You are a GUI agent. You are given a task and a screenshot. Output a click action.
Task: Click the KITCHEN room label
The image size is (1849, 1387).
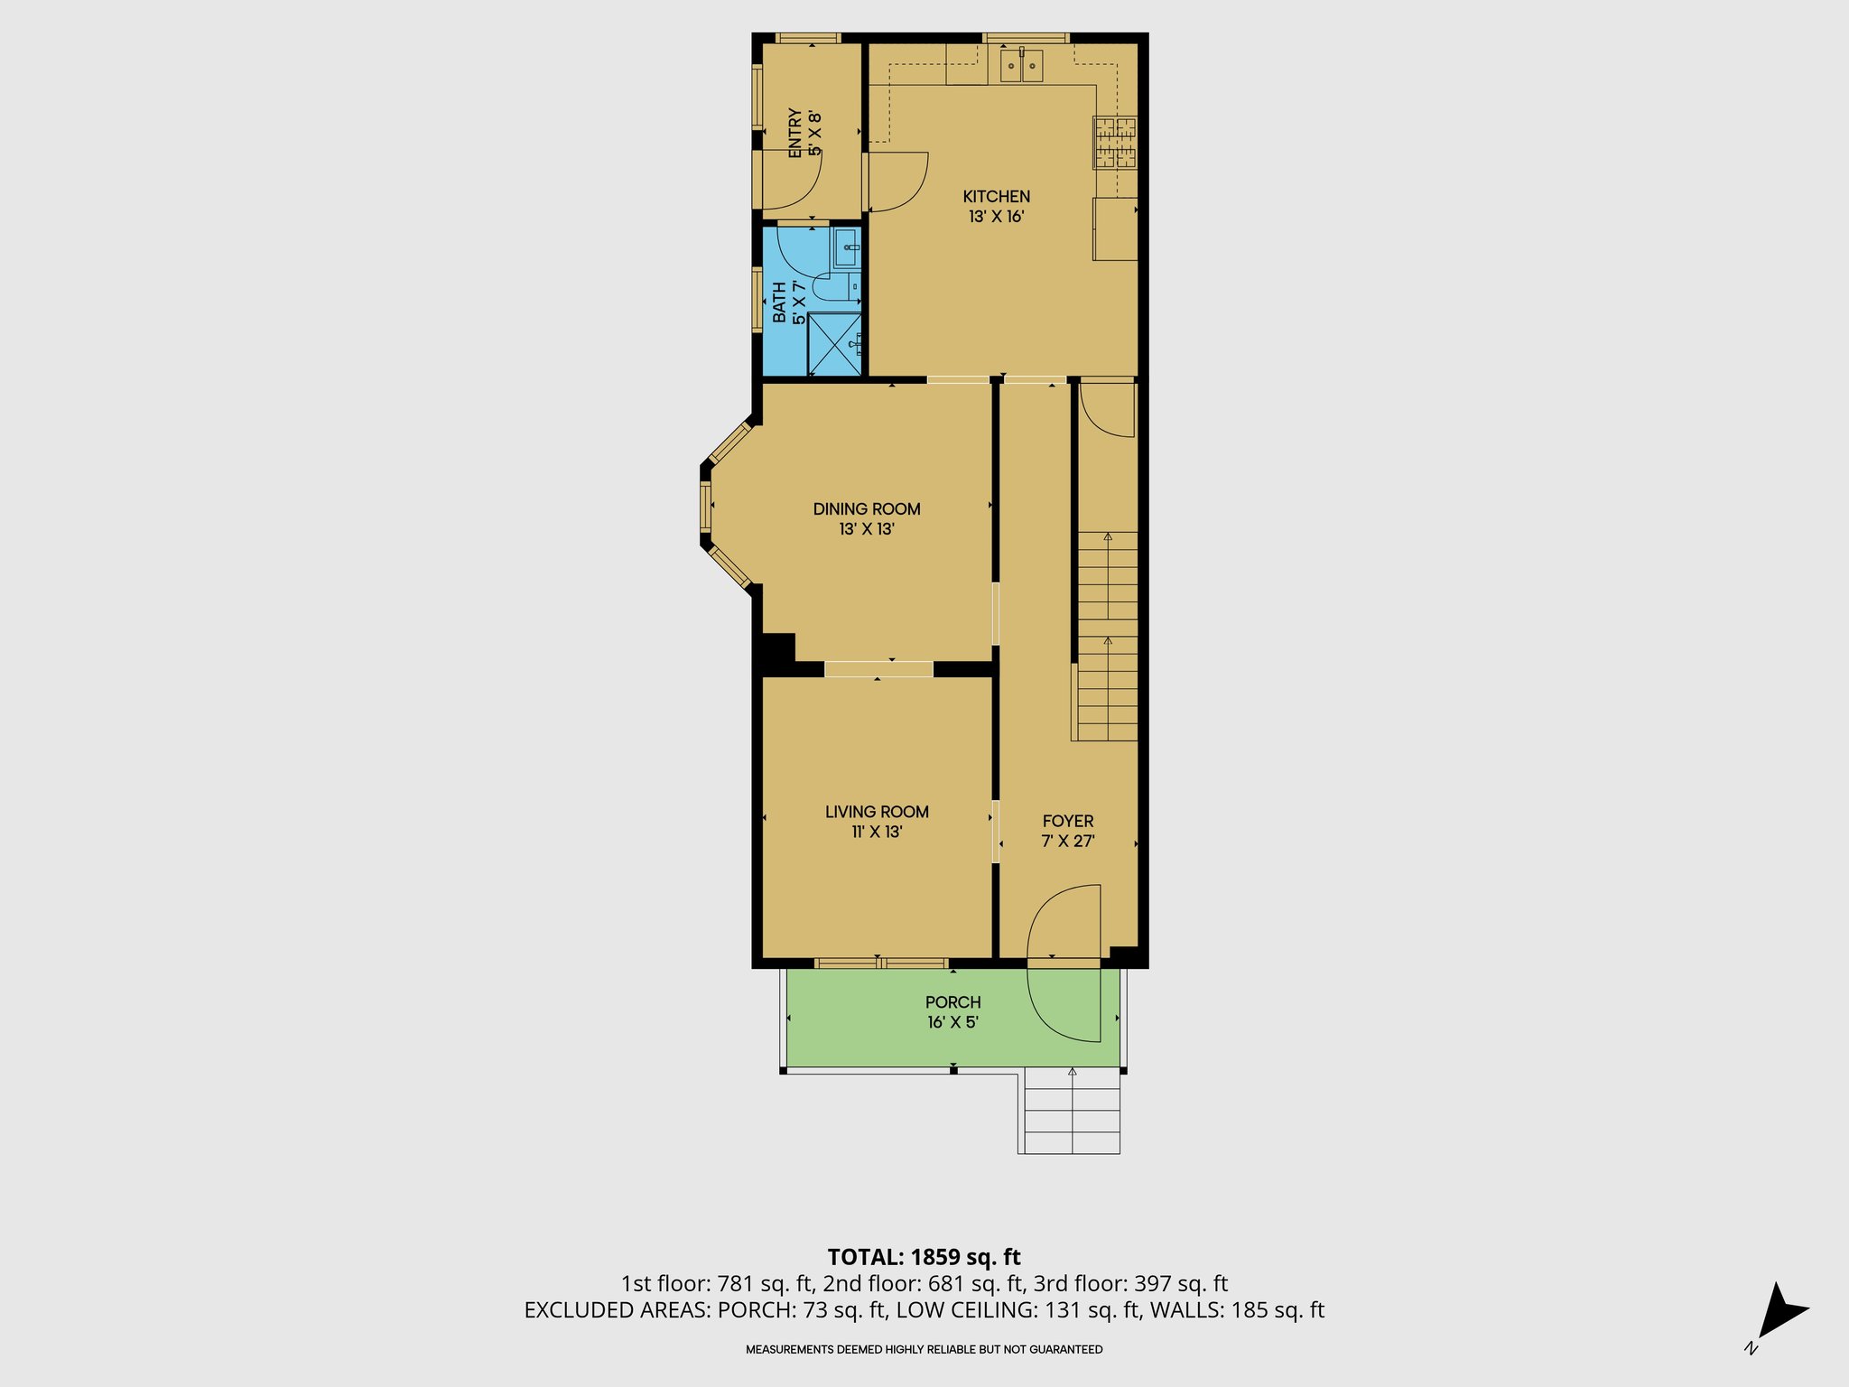[996, 196]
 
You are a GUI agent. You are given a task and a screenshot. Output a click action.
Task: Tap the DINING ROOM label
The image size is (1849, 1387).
[867, 508]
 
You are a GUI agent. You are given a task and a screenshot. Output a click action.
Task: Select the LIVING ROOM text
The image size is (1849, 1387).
[877, 811]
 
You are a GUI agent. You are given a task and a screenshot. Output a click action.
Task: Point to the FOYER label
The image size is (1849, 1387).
[1068, 821]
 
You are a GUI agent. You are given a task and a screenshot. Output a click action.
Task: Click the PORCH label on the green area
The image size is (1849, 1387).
[952, 1001]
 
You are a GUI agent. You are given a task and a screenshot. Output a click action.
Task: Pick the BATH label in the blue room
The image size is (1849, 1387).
[779, 303]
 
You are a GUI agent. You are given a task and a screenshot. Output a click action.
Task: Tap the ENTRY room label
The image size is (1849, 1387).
[794, 134]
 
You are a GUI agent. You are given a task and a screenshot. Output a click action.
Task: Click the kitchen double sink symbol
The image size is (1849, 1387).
[1021, 66]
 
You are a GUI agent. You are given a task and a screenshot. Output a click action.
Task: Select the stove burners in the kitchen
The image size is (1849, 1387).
[1115, 143]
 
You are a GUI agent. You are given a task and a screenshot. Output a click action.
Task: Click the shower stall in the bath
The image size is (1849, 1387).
[833, 343]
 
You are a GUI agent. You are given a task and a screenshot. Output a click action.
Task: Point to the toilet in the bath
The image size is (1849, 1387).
[832, 288]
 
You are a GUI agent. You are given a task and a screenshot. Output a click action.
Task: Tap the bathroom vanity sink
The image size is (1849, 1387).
[847, 246]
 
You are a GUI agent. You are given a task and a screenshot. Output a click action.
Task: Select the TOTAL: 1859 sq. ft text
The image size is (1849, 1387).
[924, 1257]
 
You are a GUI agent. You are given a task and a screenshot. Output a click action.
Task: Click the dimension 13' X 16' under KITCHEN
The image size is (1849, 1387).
[996, 217]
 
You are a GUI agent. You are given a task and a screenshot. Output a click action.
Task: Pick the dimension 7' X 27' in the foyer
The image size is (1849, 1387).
[1068, 842]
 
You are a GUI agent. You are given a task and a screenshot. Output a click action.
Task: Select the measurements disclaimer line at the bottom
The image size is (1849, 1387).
[924, 1349]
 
